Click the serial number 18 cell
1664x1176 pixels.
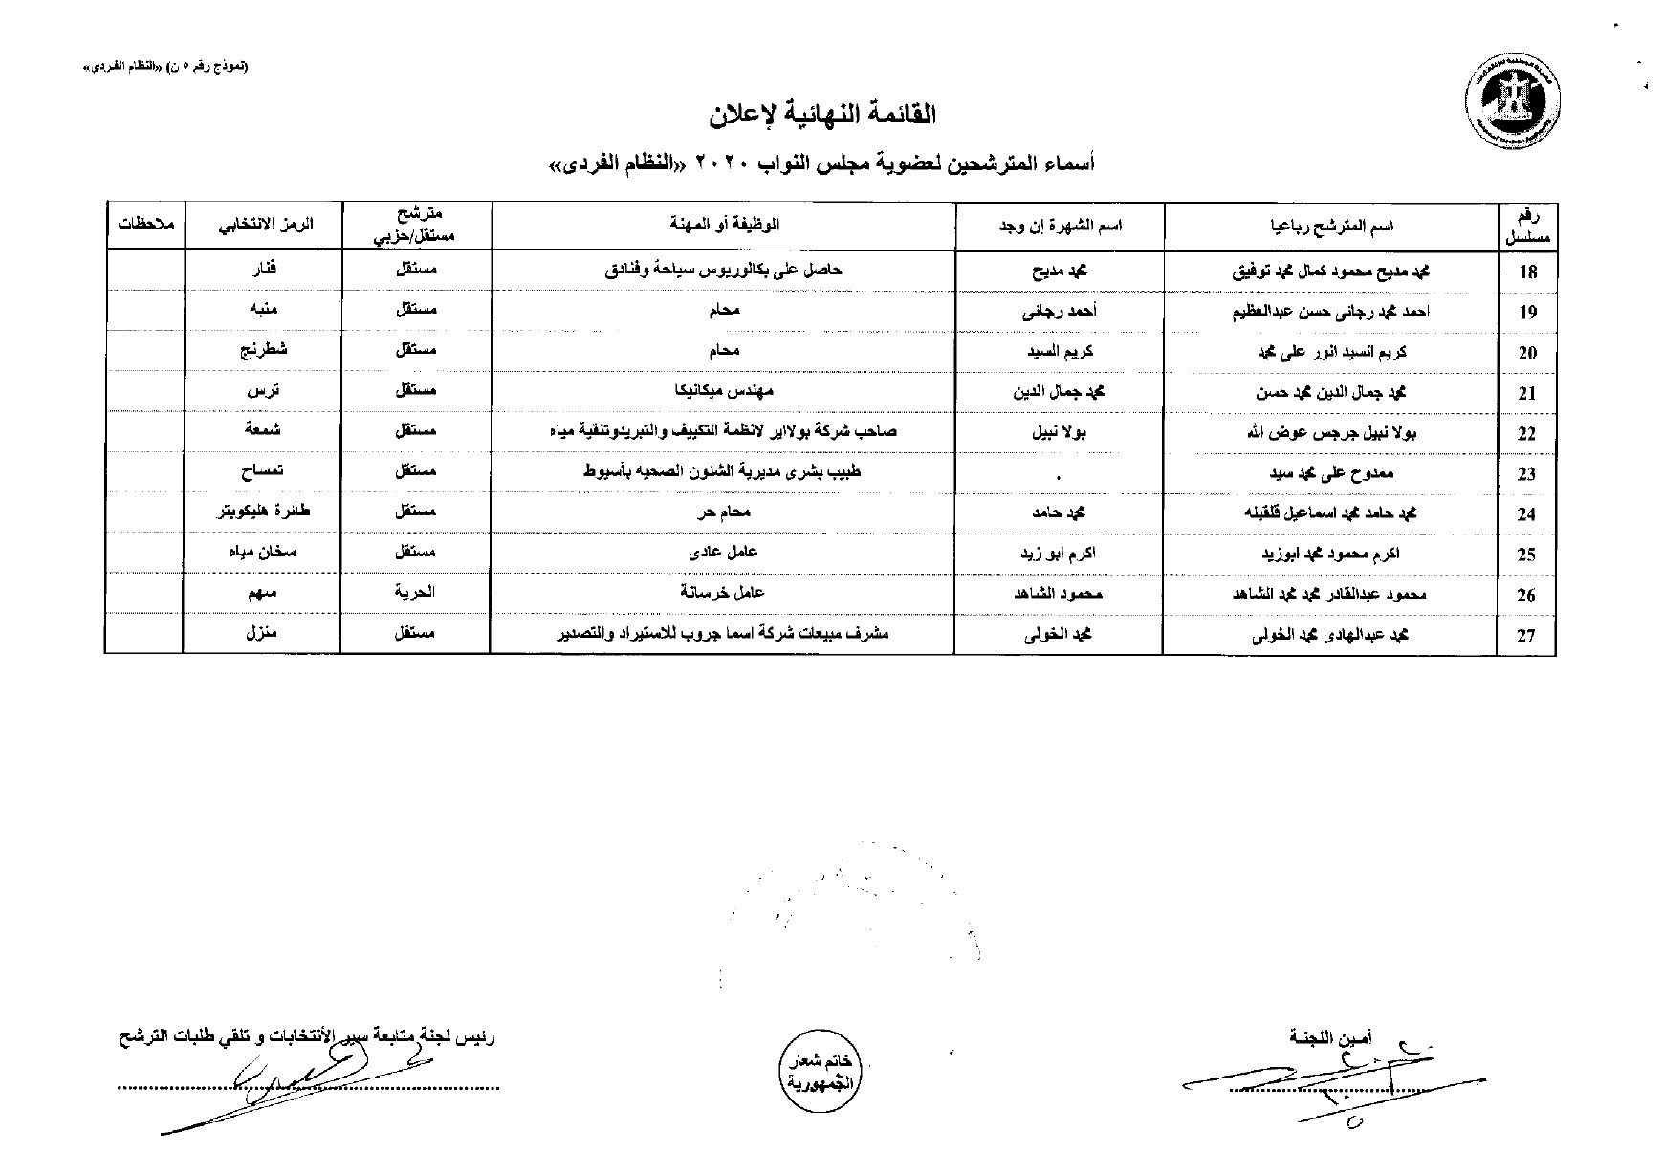pos(1527,272)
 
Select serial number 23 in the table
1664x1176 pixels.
pos(1526,474)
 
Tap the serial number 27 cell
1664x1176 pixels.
pos(1526,636)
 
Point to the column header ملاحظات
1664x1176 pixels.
pos(144,225)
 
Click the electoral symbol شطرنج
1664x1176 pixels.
pos(263,351)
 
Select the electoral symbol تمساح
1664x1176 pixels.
pos(262,471)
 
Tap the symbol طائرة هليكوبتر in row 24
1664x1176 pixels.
pos(262,512)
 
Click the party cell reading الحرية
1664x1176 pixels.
pos(415,592)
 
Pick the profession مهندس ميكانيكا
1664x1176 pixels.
pos(724,391)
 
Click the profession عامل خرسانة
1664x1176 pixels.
pos(723,592)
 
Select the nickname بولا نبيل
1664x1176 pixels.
pos(1060,431)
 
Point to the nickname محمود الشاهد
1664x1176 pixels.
pos(1060,594)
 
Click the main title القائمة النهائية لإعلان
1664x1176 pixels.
pos(821,116)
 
